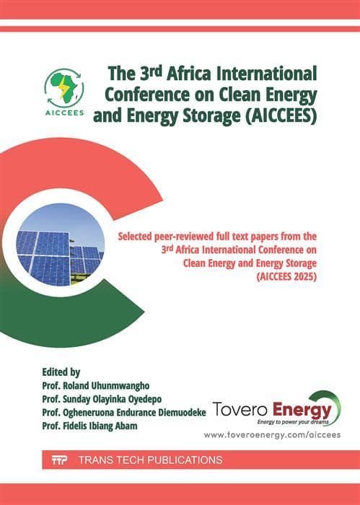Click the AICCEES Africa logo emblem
pyautogui.click(x=64, y=93)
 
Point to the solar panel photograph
pyautogui.click(x=59, y=245)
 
